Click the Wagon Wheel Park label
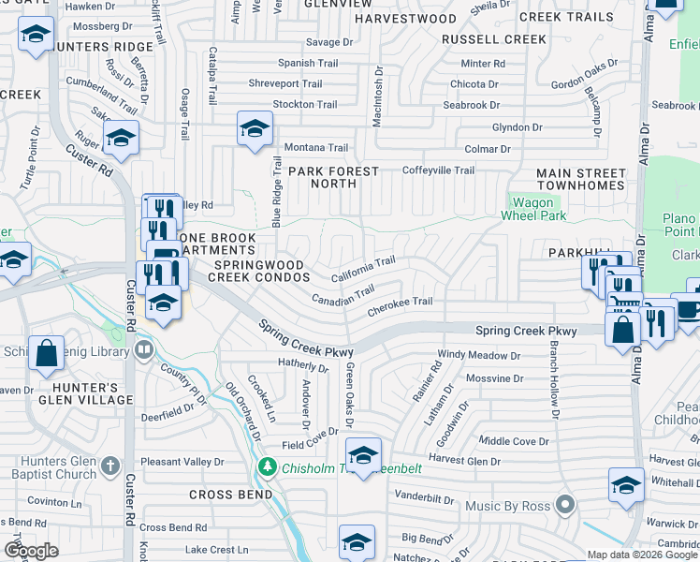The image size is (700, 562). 537,209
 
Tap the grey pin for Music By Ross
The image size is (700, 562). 564,506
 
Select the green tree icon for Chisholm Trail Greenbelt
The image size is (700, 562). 269,466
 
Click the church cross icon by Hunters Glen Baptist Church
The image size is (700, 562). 110,466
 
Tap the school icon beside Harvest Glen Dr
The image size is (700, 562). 363,454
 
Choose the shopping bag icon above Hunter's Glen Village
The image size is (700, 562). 46,352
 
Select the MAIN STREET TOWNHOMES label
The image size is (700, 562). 580,180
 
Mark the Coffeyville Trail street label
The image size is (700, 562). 438,170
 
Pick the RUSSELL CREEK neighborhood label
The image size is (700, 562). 493,39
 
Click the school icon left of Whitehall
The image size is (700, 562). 626,484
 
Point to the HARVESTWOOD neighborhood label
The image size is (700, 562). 405,19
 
